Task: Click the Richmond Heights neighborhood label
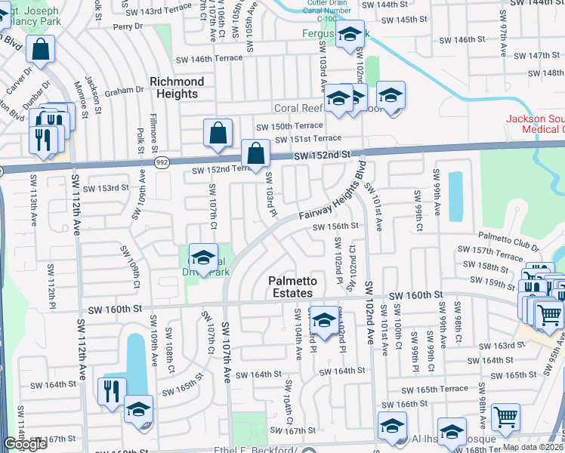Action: click(178, 88)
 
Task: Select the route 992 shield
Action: click(162, 163)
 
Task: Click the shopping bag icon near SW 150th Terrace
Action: click(218, 134)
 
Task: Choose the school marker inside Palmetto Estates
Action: click(324, 320)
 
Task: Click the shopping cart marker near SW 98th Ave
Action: click(505, 415)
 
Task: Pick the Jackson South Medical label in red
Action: click(535, 125)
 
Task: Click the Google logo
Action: click(25, 444)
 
